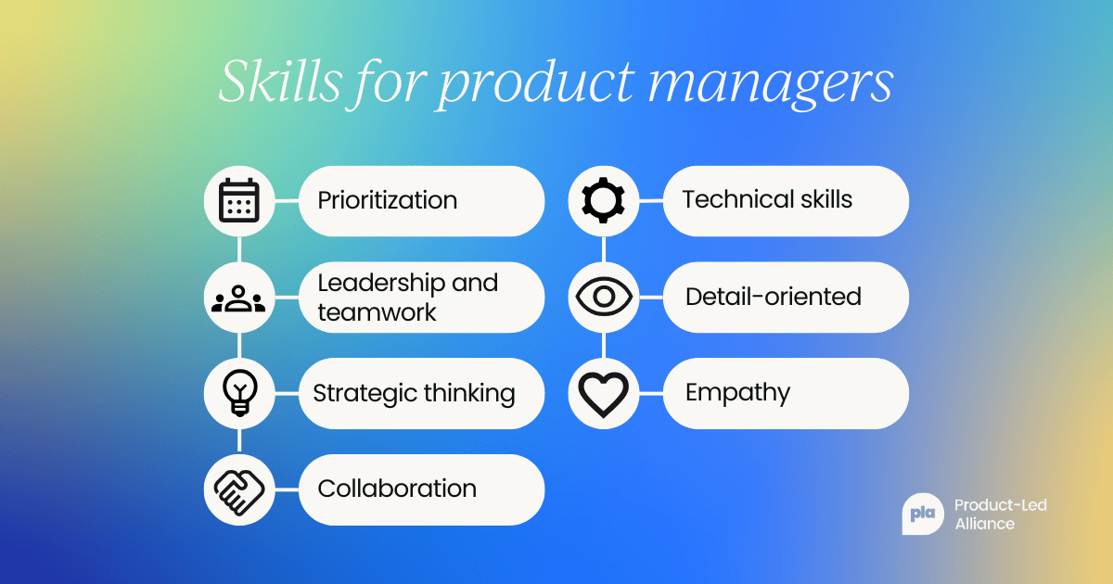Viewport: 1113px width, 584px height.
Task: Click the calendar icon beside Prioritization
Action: [x=240, y=201]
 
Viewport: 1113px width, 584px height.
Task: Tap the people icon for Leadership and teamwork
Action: [x=240, y=298]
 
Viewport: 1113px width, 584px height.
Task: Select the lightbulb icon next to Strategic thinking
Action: [x=240, y=393]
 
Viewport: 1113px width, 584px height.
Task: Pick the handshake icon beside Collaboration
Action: [x=240, y=489]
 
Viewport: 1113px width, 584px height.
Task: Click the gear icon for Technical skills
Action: [x=604, y=201]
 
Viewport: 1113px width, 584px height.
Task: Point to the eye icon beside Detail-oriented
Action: [x=604, y=298]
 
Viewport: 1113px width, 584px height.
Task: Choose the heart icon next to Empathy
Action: [x=604, y=393]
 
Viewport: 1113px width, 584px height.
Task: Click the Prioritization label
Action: [x=387, y=200]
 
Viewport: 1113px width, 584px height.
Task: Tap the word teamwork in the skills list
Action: [x=377, y=312]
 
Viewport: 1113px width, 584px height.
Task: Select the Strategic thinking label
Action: [x=414, y=392]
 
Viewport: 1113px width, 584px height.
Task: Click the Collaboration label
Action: [x=397, y=489]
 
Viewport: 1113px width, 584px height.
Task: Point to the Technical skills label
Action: [x=767, y=199]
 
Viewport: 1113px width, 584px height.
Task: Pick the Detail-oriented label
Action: [x=774, y=297]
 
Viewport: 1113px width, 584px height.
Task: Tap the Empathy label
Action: [x=737, y=393]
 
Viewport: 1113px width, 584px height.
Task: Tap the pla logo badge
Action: [x=921, y=514]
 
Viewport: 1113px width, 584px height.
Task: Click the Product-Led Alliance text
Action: [x=1000, y=514]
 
